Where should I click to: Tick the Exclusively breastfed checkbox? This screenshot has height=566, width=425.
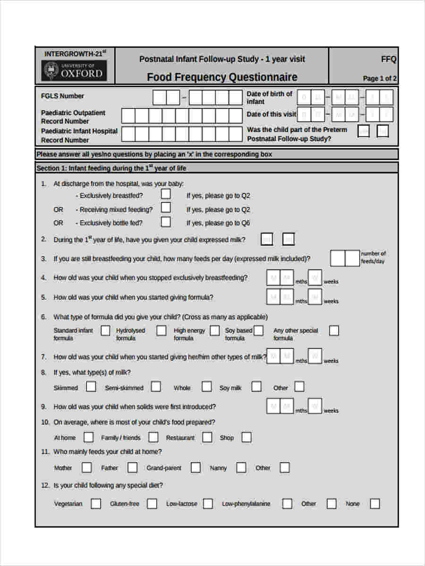(166, 194)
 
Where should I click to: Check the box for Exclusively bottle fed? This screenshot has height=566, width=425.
(166, 222)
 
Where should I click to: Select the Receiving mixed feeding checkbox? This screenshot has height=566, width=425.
(166, 208)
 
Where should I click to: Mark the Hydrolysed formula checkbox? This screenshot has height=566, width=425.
(161, 331)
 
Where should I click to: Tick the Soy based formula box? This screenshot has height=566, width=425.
(258, 331)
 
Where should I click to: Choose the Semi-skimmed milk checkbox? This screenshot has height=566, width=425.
(156, 387)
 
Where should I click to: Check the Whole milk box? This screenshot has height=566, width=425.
(207, 387)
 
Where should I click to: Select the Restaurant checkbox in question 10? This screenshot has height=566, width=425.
(207, 437)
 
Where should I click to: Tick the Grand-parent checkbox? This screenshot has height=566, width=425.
(195, 467)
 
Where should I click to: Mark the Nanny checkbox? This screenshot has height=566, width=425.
(241, 467)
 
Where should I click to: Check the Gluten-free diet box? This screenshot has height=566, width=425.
(152, 504)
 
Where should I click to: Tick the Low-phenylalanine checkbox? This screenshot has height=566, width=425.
(287, 504)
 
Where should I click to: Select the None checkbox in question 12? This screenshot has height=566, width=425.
(374, 504)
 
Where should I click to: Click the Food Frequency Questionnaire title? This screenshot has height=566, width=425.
(222, 77)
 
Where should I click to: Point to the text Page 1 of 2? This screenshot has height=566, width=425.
(379, 78)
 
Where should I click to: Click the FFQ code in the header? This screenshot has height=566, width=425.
(389, 59)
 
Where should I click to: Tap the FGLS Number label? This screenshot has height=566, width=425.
(62, 96)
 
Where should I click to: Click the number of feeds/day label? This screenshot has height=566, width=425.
(373, 257)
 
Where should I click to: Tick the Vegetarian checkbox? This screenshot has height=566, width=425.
(96, 504)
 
